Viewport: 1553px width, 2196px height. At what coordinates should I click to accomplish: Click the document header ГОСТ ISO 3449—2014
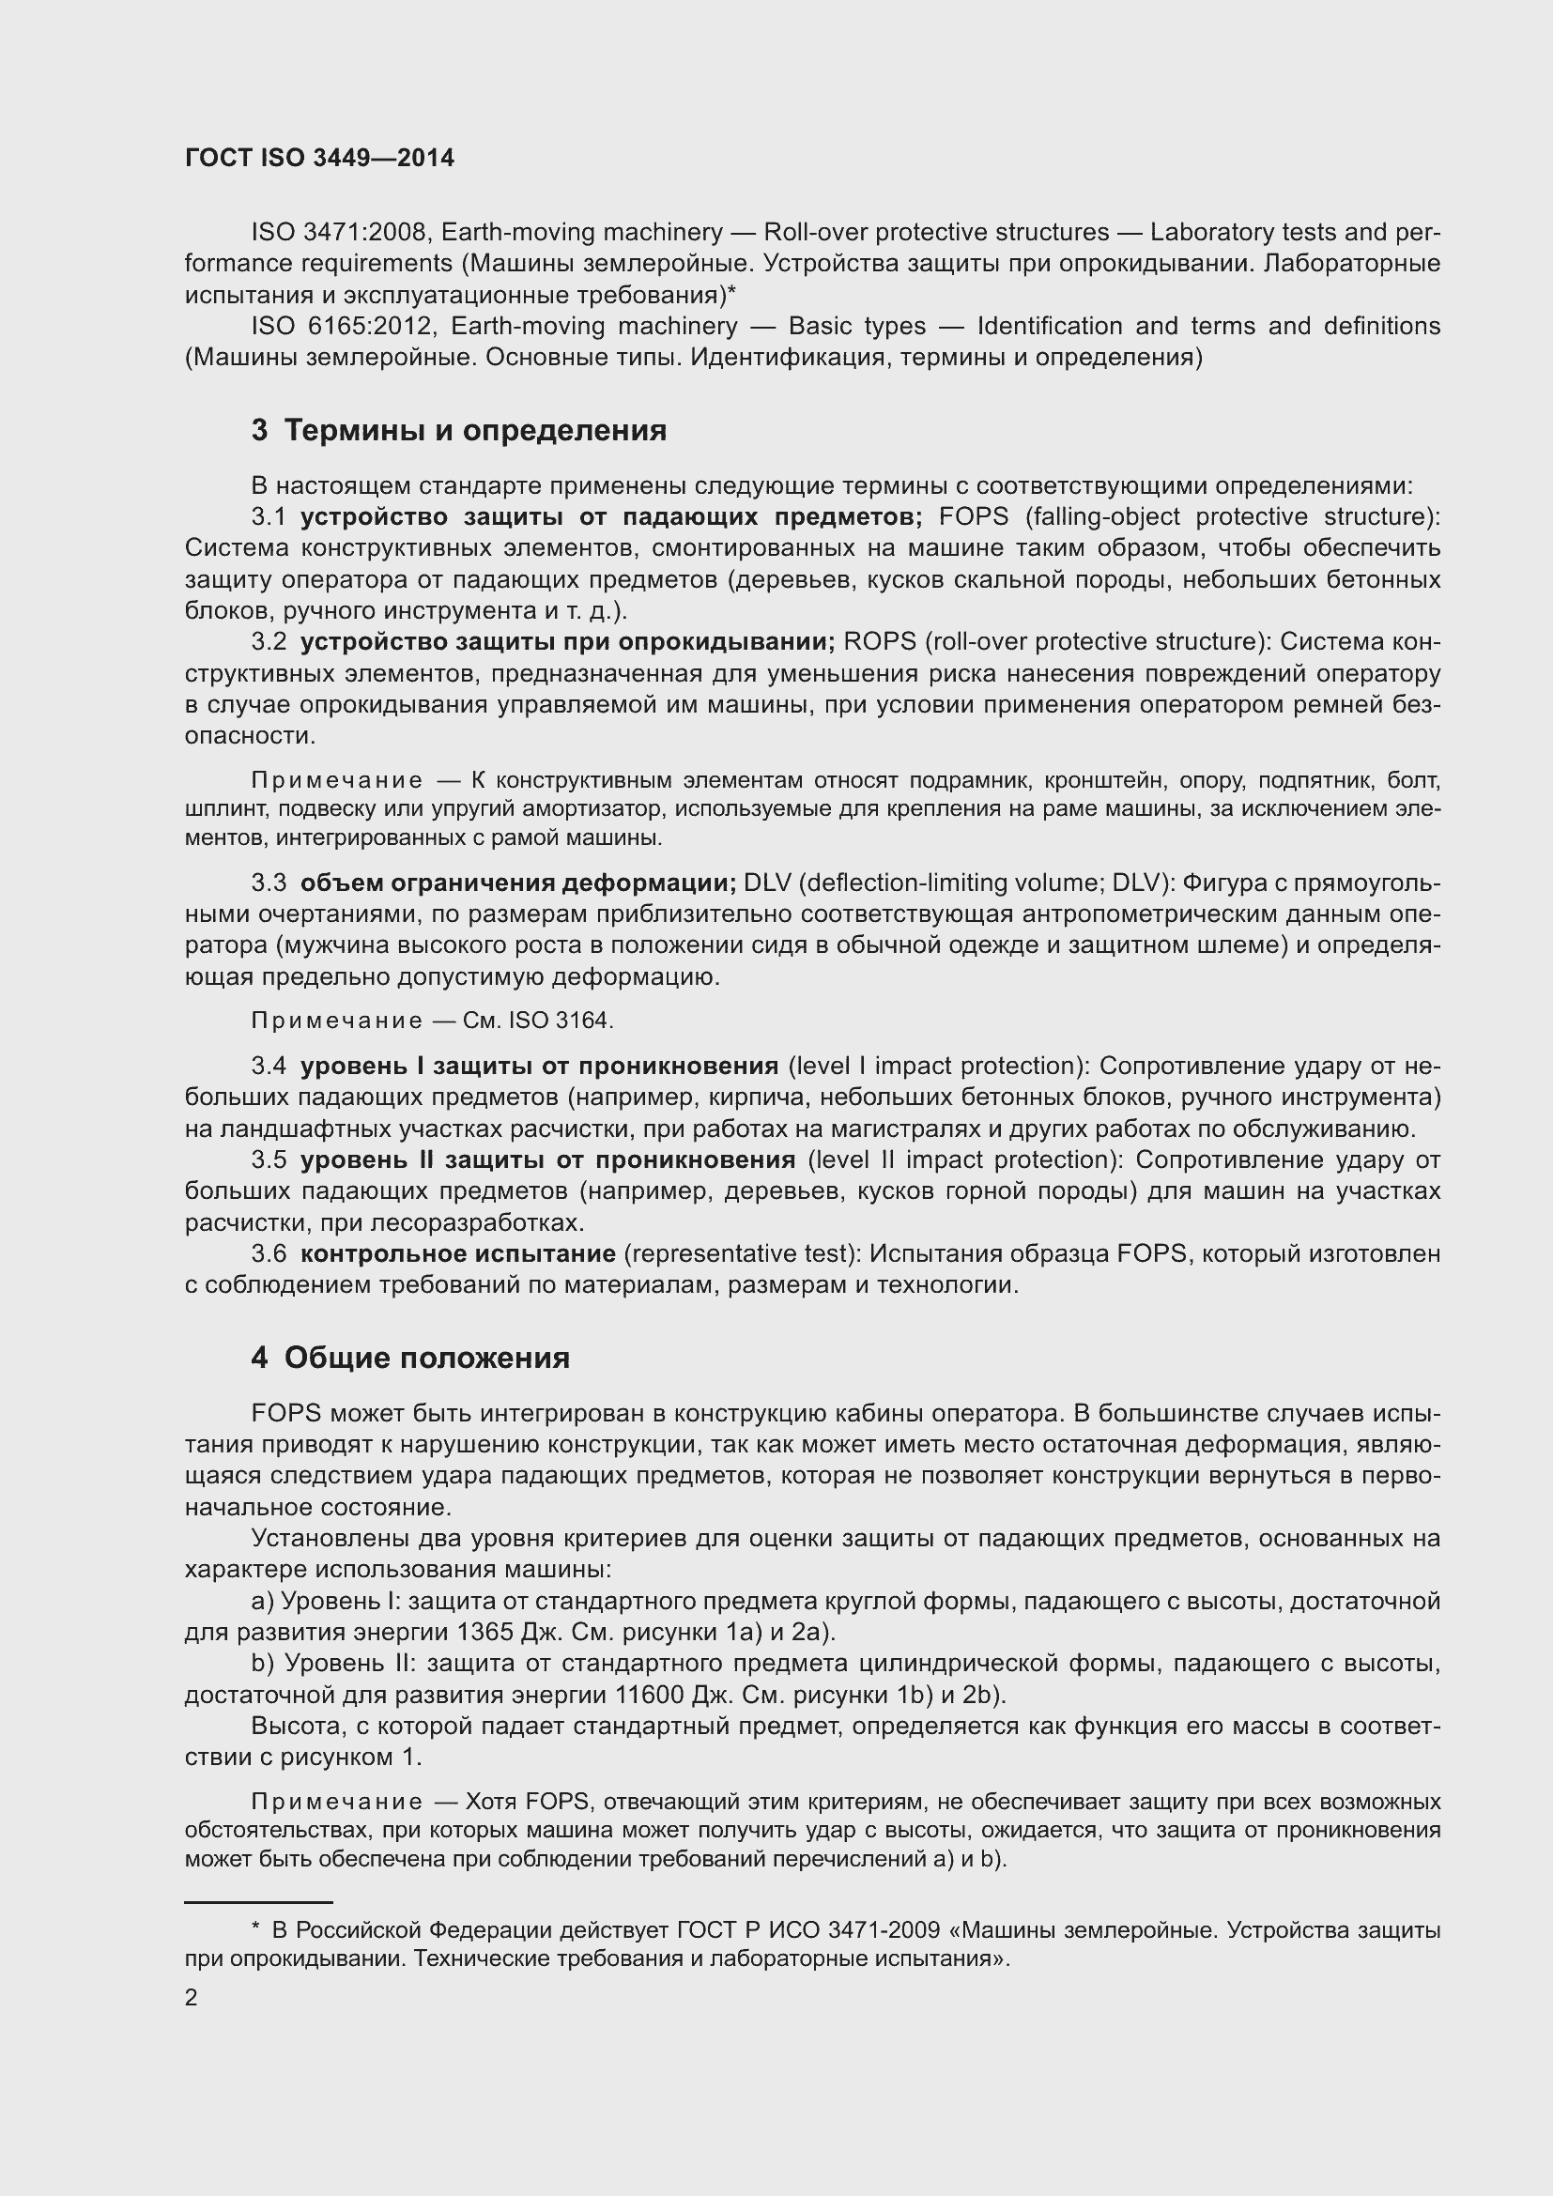tap(319, 159)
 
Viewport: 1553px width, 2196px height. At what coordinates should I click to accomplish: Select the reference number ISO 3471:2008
tap(341, 233)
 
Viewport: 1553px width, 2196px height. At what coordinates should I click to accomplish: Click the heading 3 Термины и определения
tap(459, 430)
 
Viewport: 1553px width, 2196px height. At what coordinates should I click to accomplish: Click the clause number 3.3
tap(269, 882)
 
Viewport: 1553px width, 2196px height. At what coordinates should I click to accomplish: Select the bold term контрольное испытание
tap(458, 1253)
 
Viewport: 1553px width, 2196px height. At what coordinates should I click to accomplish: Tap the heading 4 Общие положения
tap(410, 1358)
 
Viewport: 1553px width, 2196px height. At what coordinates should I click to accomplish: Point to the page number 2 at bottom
tap(192, 1997)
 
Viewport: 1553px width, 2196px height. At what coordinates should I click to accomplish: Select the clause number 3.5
tap(269, 1159)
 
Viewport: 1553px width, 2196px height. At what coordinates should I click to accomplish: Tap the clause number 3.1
tap(269, 516)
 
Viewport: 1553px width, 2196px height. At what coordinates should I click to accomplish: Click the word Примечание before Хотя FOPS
tap(337, 1802)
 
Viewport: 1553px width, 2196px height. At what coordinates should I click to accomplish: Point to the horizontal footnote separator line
tap(258, 1903)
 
